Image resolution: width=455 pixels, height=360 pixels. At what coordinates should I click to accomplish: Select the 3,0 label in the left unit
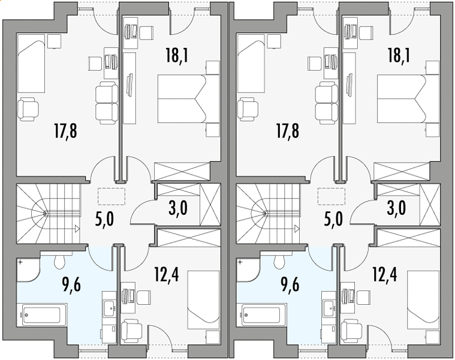click(x=178, y=208)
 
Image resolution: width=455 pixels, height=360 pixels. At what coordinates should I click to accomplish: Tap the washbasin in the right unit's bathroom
click(x=329, y=307)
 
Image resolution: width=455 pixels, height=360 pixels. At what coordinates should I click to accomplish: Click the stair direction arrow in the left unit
click(x=77, y=229)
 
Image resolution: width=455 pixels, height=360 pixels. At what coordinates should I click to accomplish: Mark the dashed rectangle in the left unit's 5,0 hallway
click(x=112, y=196)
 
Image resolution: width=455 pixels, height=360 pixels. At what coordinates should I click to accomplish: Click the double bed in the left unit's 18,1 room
click(x=188, y=99)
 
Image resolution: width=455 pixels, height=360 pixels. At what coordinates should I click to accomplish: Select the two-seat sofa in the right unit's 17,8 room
click(x=327, y=103)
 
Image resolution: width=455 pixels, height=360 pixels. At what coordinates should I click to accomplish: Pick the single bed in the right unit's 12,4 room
click(x=423, y=300)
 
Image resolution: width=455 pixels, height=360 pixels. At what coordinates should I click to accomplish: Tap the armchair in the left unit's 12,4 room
click(x=131, y=331)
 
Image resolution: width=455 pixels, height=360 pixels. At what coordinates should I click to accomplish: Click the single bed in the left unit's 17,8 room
click(x=31, y=63)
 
